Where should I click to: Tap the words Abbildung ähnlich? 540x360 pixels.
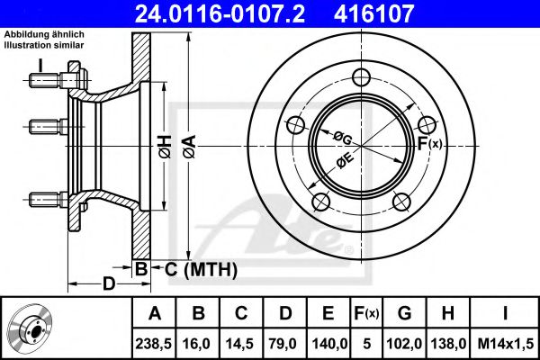(44, 34)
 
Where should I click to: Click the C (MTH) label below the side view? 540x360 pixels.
(200, 268)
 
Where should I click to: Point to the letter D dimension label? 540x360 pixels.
(108, 285)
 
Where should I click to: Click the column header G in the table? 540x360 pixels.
(404, 314)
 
